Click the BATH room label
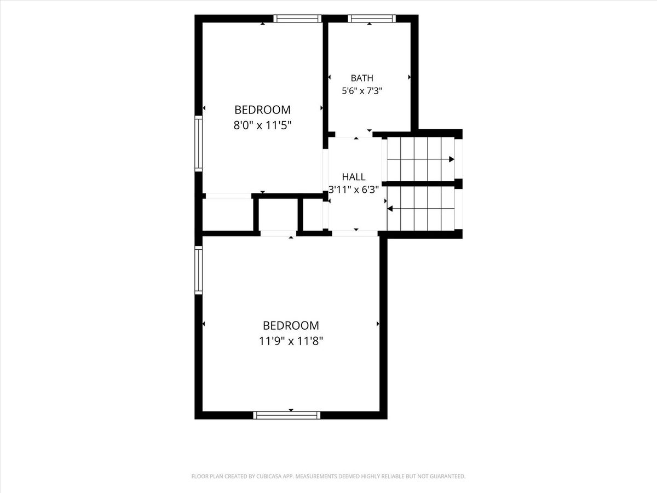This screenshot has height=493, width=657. [362, 78]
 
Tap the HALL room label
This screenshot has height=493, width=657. [354, 177]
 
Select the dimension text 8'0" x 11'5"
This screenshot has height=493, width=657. [262, 125]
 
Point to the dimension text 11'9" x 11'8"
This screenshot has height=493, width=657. [291, 341]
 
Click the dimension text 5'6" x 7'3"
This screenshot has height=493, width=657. [362, 91]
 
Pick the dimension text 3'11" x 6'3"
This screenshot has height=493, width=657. [354, 190]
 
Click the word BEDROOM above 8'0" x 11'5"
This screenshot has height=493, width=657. [262, 110]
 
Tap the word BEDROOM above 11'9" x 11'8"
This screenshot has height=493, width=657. [291, 325]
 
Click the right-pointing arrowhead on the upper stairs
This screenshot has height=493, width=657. [452, 159]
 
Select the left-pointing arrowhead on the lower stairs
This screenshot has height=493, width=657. [390, 209]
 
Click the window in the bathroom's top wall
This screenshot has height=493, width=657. [372, 19]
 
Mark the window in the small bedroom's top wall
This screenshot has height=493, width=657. [297, 19]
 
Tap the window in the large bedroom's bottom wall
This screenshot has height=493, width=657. [287, 415]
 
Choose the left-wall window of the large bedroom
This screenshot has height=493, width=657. [198, 270]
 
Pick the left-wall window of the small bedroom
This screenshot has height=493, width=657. [198, 144]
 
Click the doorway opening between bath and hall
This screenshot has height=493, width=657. [354, 134]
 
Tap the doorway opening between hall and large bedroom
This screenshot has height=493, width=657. [355, 233]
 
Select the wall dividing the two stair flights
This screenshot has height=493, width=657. [422, 184]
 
